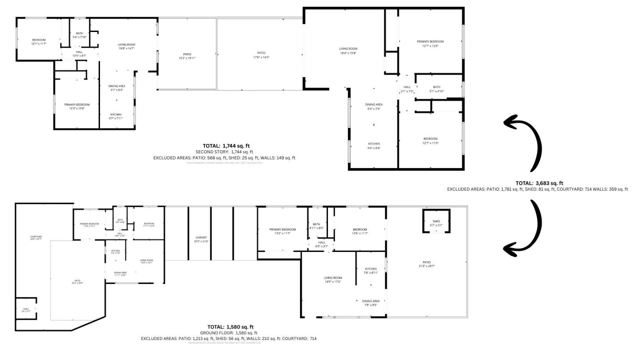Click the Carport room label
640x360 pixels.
(201, 239)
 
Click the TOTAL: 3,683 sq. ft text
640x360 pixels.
(539, 183)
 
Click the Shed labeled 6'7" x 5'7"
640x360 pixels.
(436, 223)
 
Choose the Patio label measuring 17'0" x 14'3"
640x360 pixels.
(261, 55)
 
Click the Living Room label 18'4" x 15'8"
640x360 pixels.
(348, 51)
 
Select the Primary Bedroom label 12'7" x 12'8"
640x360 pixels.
(430, 44)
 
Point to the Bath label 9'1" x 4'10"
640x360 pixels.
(436, 89)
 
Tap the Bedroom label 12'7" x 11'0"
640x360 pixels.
(430, 141)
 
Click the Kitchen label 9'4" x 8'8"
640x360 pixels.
(374, 146)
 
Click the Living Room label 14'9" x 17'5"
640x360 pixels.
(332, 280)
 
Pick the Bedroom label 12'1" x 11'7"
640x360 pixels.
(38, 42)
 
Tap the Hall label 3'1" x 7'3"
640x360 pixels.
(407, 89)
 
